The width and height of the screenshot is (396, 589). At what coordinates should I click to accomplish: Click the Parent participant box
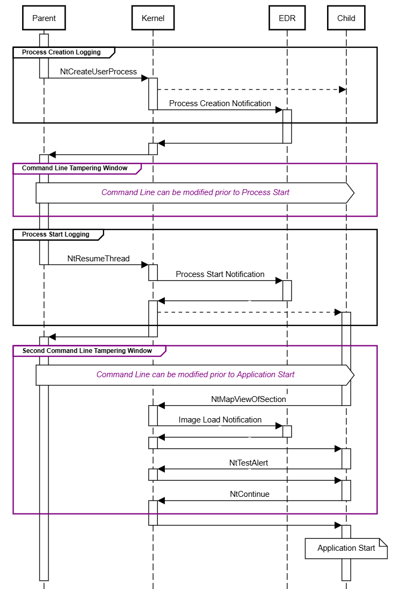[x=44, y=18]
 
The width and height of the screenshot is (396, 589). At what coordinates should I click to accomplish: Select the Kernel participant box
[x=153, y=18]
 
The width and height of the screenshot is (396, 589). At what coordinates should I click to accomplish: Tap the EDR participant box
[x=287, y=18]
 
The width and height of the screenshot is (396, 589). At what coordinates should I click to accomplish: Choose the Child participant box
[x=346, y=18]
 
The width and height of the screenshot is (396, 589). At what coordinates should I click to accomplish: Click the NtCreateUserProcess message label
[x=99, y=72]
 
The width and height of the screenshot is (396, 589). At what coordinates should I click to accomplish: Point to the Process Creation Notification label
[x=220, y=103]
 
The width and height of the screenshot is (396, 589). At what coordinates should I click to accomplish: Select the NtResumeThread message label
[x=99, y=259]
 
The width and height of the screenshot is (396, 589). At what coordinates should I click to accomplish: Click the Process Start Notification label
[x=220, y=274]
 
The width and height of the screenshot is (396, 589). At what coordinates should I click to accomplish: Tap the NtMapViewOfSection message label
[x=248, y=399]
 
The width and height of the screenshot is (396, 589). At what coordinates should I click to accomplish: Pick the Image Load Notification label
[x=220, y=420]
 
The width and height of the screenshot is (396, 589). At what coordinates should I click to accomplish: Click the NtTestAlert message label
[x=248, y=462]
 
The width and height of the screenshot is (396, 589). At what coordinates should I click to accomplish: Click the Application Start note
[x=346, y=548]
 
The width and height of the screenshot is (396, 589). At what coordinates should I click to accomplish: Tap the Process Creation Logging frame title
[x=61, y=52]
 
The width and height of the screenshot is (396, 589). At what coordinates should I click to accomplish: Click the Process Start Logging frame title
[x=55, y=234]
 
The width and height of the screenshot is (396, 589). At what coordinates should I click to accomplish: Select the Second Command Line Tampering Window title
[x=87, y=351]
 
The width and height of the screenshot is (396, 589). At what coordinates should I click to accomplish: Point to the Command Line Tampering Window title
[x=74, y=168]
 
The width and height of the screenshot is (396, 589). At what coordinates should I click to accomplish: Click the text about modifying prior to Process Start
[x=195, y=192]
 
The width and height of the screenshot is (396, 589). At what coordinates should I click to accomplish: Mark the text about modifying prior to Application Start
[x=195, y=375]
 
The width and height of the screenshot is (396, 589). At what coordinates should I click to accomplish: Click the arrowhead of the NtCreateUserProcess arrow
[x=145, y=78]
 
